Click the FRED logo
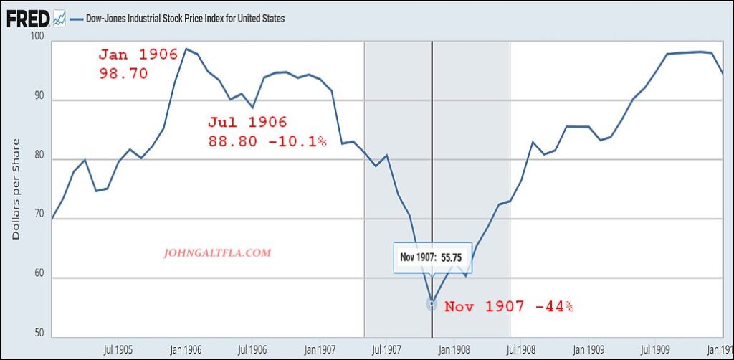pos(28,19)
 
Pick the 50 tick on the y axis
pos(37,333)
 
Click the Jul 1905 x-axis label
pos(118,349)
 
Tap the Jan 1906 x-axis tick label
pos(185,349)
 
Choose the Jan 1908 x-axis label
pos(454,349)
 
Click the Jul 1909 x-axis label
pos(657,349)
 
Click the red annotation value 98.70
pos(123,73)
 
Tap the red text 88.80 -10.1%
pos(267,141)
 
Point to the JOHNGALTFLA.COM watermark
pos(219,253)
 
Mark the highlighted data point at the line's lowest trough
pos(432,303)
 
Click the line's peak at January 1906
pos(186,49)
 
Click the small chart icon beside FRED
pos(59,19)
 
